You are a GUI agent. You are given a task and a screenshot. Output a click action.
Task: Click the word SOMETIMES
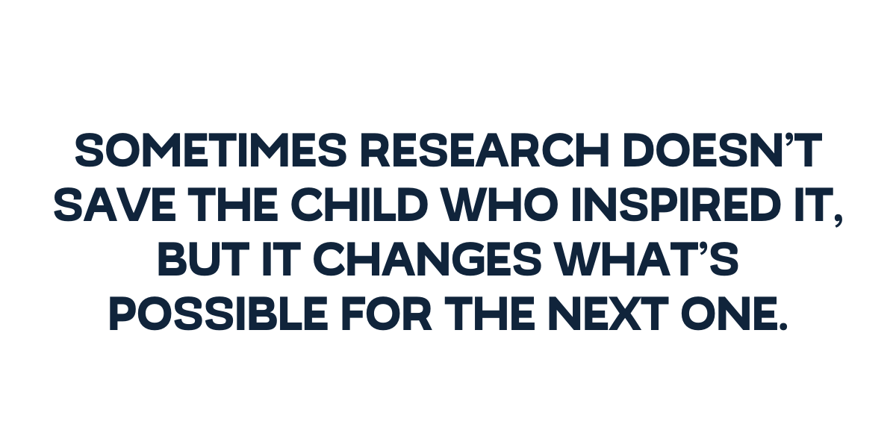point(211,150)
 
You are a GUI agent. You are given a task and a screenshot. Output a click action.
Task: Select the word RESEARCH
point(485,150)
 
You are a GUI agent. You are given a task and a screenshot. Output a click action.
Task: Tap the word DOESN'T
point(723,150)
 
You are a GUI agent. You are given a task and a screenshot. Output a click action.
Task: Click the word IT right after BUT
point(279,259)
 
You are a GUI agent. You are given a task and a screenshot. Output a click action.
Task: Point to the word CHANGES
point(426,259)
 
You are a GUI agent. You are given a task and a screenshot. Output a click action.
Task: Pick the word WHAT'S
point(646,259)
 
